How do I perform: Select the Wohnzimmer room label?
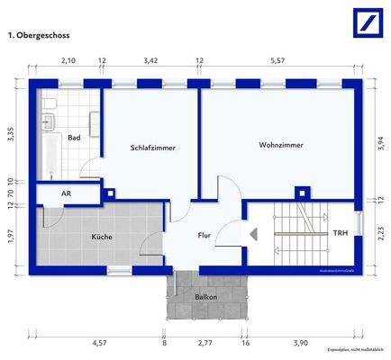(280, 145)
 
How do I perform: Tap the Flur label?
(205, 236)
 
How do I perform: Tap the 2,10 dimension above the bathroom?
(68, 61)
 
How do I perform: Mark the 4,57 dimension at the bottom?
(100, 343)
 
